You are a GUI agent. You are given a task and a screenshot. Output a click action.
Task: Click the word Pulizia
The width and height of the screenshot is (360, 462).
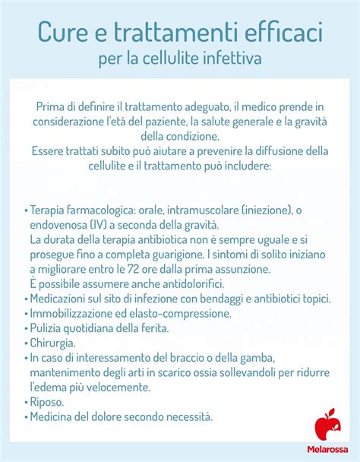46,328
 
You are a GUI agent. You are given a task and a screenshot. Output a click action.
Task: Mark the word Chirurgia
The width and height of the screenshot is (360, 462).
52,343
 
